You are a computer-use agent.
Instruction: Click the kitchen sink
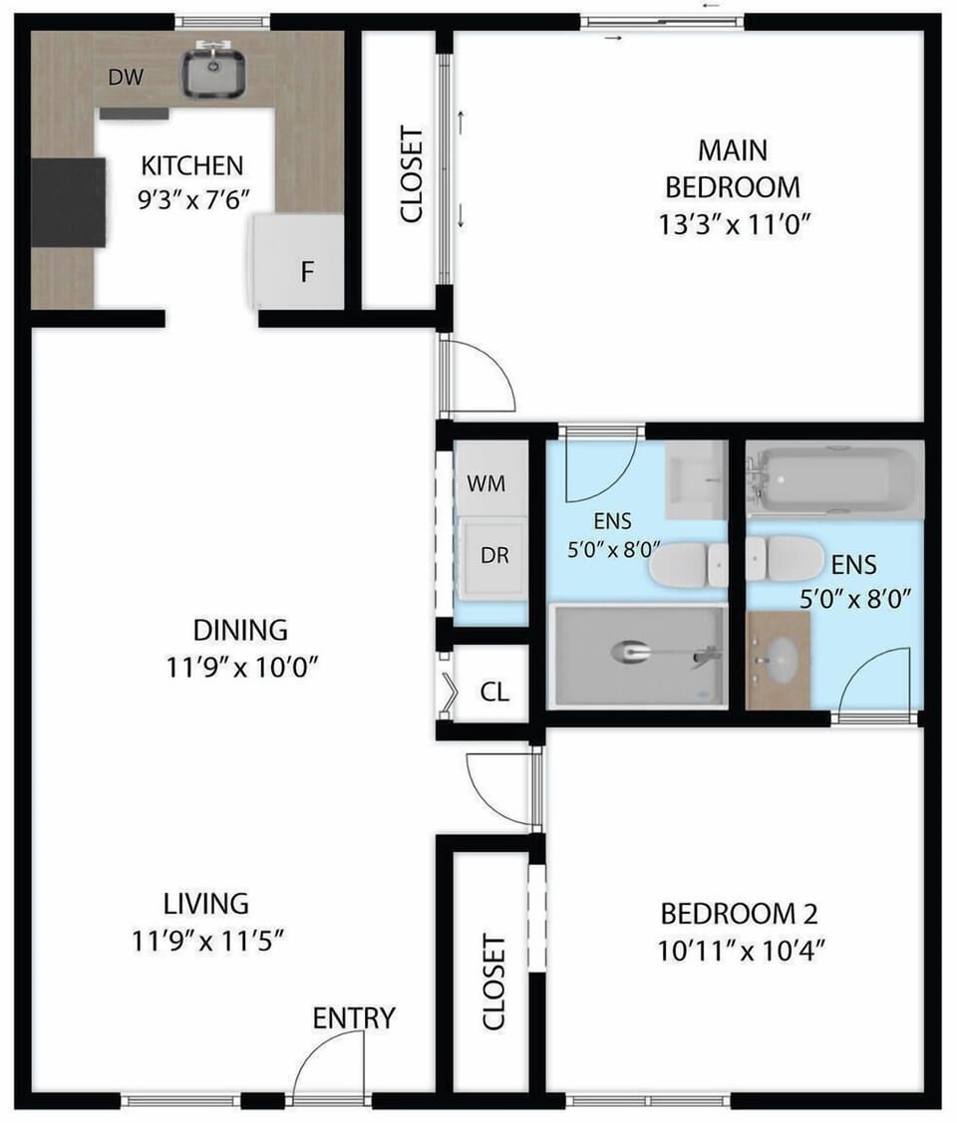(x=214, y=72)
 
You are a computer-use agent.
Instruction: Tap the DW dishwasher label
(x=126, y=78)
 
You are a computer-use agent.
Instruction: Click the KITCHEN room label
(x=191, y=164)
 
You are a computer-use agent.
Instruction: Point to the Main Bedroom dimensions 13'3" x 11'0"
(x=732, y=224)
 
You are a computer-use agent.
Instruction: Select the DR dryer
(x=493, y=556)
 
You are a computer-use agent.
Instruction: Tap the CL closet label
(x=495, y=691)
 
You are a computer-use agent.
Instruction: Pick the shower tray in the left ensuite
(x=638, y=655)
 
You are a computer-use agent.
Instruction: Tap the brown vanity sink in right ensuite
(x=779, y=660)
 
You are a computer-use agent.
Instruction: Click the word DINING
(x=240, y=630)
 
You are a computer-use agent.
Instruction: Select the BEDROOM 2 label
(x=740, y=913)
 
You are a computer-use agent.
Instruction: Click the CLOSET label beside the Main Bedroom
(x=411, y=174)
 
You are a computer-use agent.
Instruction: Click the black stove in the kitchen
(x=68, y=202)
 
